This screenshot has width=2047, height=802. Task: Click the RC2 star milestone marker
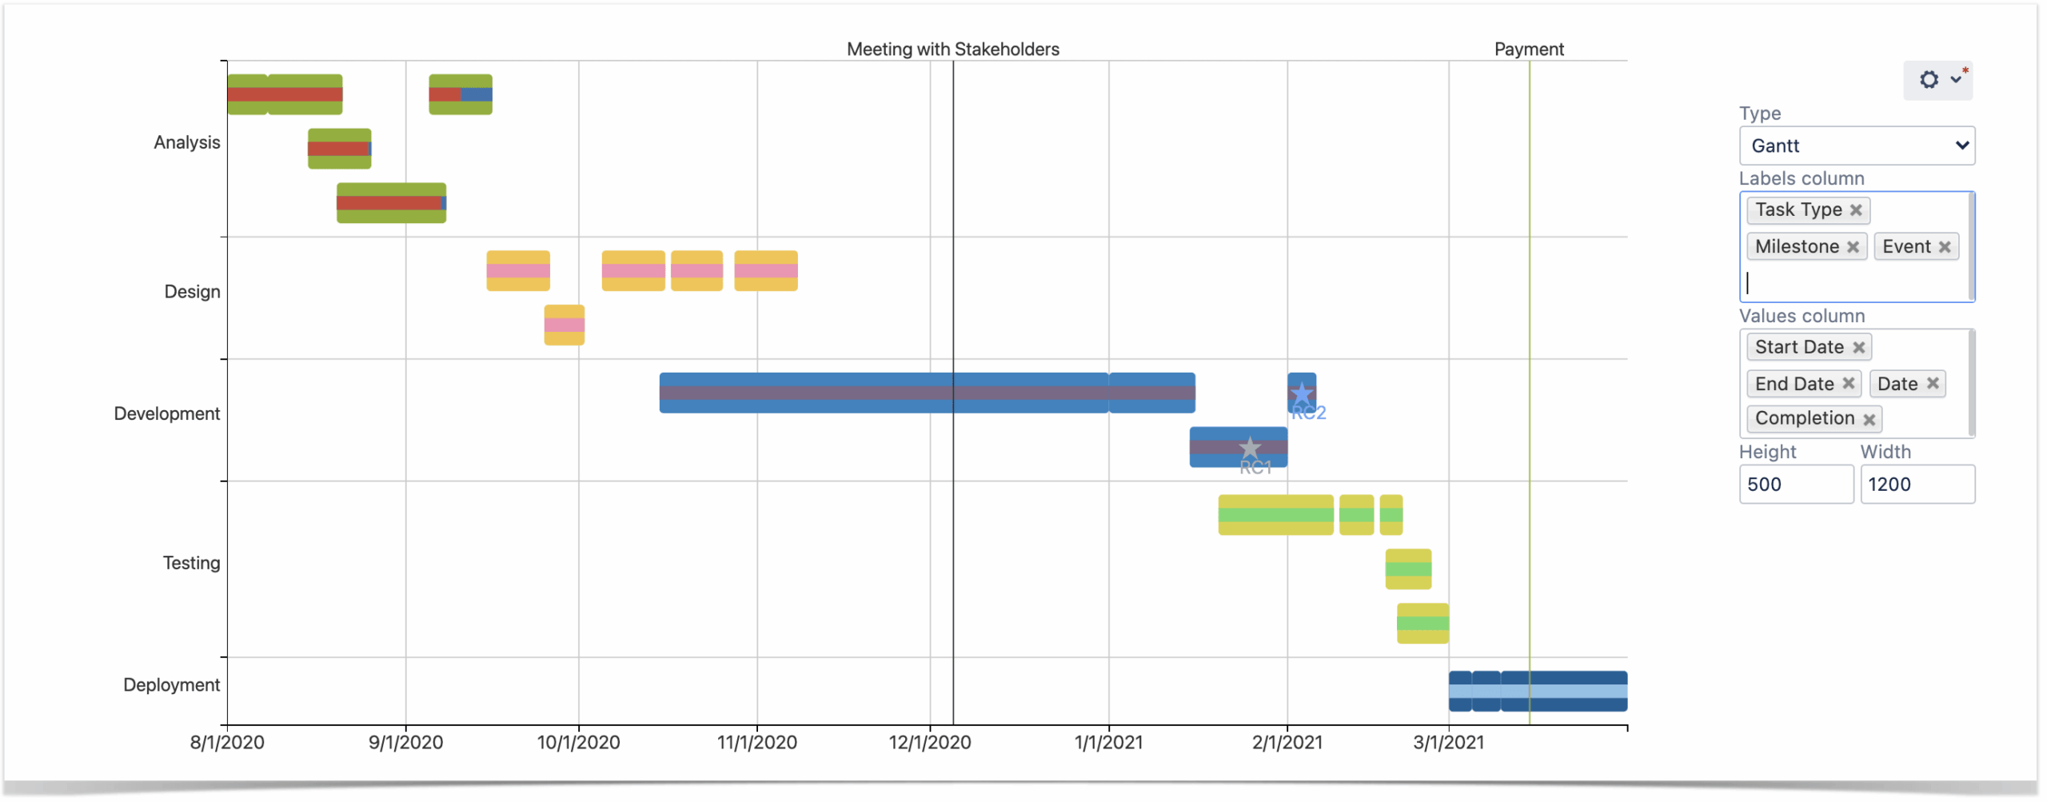[1303, 394]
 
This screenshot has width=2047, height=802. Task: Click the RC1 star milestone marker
[1251, 449]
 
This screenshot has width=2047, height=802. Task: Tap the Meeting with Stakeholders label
[954, 50]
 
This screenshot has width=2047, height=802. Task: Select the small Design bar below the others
[565, 325]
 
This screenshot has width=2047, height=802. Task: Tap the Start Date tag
[1801, 348]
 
